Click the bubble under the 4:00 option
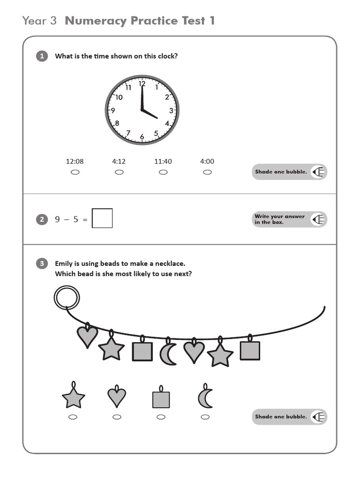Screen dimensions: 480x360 click(207, 172)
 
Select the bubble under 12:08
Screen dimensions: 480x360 click(75, 172)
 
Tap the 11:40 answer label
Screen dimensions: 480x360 click(163, 161)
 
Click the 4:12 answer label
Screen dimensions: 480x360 click(119, 161)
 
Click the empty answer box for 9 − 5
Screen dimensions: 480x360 click(102, 218)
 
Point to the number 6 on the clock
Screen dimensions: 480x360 click(142, 137)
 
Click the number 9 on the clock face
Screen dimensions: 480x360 click(112, 111)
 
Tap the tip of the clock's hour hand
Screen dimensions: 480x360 click(157, 118)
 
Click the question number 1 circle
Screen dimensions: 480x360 click(42, 56)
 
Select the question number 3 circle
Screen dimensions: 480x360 click(42, 263)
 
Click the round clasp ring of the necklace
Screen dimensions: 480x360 click(67, 298)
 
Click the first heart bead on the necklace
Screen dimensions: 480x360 click(87, 336)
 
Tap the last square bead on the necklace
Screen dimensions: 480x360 click(250, 350)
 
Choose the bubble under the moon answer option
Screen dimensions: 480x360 click(205, 417)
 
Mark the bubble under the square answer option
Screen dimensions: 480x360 click(161, 417)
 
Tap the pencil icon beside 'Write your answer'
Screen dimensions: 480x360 click(319, 219)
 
